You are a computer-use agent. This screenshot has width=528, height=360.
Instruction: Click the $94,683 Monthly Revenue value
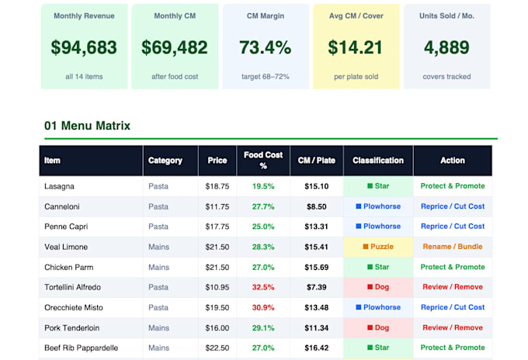click(x=84, y=47)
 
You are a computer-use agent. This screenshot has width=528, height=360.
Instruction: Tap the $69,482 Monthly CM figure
click(x=175, y=47)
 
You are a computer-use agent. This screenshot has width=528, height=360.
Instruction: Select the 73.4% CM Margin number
click(x=266, y=47)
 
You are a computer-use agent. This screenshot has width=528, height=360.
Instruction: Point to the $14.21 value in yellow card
click(x=356, y=47)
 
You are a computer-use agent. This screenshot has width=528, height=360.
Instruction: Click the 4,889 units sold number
click(x=446, y=47)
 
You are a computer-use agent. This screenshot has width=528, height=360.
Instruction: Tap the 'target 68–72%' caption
click(x=266, y=77)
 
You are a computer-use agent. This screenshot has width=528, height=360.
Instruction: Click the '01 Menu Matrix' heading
click(x=87, y=126)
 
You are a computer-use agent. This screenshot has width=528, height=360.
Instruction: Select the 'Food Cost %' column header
click(x=263, y=160)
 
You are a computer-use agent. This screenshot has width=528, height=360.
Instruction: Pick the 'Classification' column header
click(x=378, y=161)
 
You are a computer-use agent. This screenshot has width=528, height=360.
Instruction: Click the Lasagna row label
click(x=59, y=186)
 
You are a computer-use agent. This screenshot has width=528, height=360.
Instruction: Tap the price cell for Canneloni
click(x=217, y=206)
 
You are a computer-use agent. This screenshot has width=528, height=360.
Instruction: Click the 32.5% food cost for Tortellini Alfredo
click(x=263, y=287)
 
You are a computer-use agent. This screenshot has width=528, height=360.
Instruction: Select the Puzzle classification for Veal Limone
click(x=378, y=247)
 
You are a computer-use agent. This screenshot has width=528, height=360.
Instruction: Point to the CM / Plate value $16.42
click(x=317, y=348)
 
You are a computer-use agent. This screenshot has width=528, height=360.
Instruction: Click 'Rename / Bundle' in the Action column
click(x=453, y=247)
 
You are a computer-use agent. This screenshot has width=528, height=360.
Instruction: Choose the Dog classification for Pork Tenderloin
click(x=378, y=327)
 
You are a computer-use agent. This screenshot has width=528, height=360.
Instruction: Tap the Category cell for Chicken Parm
click(x=158, y=267)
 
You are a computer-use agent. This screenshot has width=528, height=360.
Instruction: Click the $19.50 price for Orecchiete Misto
click(x=217, y=307)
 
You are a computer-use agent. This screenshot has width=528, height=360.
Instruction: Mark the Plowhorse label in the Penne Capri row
click(x=378, y=227)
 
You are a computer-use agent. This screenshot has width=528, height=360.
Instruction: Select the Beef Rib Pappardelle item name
click(x=82, y=348)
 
